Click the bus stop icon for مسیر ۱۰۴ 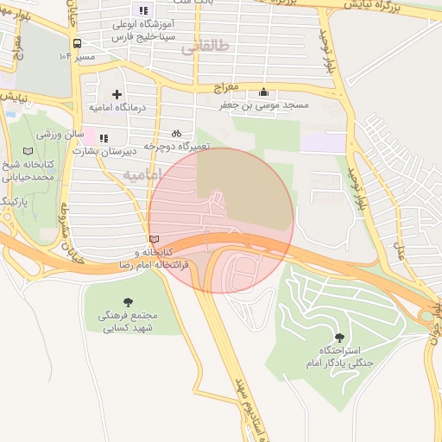[x=78, y=43]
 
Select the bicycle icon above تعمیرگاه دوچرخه [x=176, y=134]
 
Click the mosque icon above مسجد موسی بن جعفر [x=263, y=92]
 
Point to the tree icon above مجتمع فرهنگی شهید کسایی [x=129, y=302]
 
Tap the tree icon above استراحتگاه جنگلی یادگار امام [x=337, y=338]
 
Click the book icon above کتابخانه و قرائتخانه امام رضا [x=155, y=239]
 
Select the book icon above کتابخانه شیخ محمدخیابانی [x=28, y=151]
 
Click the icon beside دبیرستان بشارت [x=104, y=137]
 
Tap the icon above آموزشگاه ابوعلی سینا [x=144, y=10]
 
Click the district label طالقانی [x=206, y=49]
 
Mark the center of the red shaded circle [x=221, y=220]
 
